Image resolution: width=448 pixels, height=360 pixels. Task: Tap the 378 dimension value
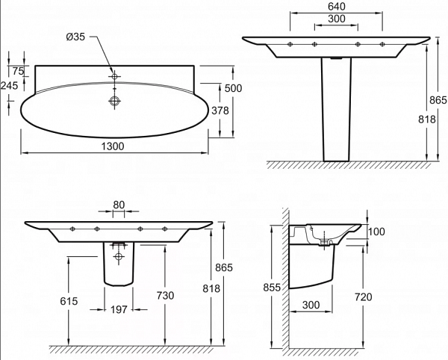point(220,110)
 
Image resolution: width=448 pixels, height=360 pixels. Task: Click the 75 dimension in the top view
point(18,71)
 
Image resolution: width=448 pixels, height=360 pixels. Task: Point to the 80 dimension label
point(119,204)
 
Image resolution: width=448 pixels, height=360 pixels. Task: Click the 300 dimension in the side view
point(312,305)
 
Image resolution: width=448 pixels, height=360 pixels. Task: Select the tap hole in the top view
point(114,77)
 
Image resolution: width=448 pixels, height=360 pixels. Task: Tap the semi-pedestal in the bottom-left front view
point(118,265)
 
